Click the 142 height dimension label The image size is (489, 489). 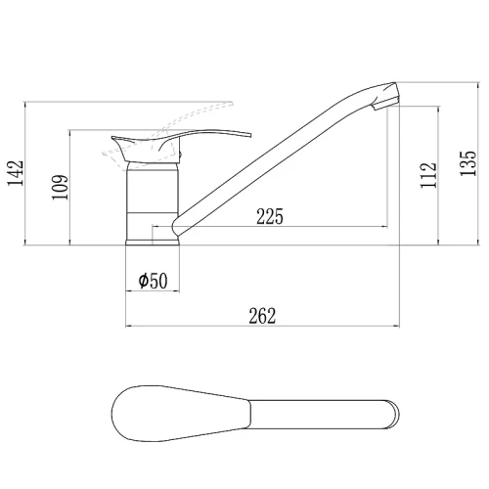click(16, 173)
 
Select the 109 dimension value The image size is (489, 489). click(61, 188)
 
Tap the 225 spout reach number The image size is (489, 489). click(270, 216)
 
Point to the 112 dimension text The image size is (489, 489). click(428, 175)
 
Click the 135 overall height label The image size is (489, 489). click(468, 163)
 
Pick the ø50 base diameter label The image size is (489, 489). click(153, 281)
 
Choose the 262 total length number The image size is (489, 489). click(262, 316)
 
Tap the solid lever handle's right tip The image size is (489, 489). click(250, 135)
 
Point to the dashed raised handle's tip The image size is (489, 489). click(233, 104)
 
